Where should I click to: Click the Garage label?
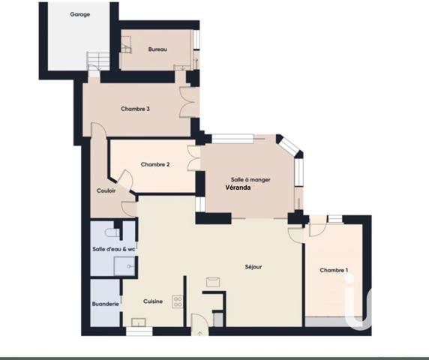point(79,14)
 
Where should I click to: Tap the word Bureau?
point(157,49)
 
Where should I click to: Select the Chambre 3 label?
point(135,109)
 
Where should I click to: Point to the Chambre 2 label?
point(155,164)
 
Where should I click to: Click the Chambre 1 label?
point(334,270)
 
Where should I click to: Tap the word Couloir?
point(106,190)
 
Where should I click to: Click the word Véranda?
point(238,188)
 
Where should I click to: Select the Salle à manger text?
point(250,180)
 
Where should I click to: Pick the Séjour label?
point(253,266)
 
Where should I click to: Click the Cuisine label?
point(153,301)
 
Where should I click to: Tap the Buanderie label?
point(105,304)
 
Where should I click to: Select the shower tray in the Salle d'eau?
point(124,266)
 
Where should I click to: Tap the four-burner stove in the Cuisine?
point(178,301)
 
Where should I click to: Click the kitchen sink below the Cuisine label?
point(138,328)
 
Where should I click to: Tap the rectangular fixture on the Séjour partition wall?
point(214,280)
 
